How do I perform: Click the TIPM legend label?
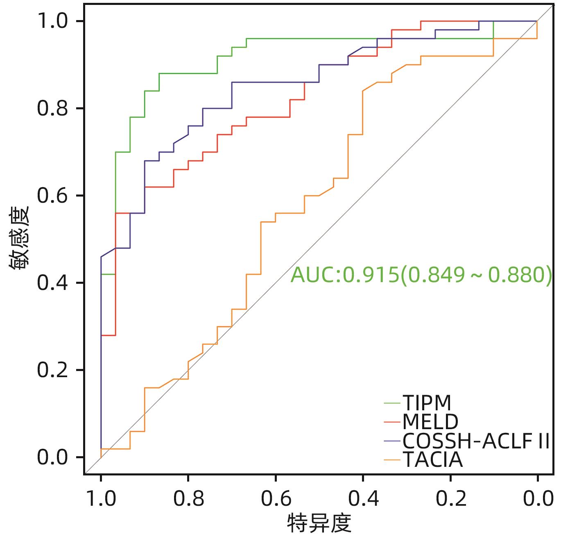427,403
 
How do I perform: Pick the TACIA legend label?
433,460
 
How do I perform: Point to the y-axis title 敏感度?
19,238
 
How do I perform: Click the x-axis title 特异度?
319,523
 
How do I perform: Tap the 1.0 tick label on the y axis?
52,21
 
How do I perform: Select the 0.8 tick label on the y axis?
52,109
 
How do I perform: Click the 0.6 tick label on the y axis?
52,196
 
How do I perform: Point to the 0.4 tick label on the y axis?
52,283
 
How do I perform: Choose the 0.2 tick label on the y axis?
52,370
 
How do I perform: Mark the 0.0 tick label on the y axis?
52,457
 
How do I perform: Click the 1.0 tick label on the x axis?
101,499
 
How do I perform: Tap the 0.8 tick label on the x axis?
188,499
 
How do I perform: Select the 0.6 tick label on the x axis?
276,499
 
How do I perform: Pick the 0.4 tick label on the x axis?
363,499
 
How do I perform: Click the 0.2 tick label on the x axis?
450,499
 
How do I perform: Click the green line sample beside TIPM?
392,403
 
